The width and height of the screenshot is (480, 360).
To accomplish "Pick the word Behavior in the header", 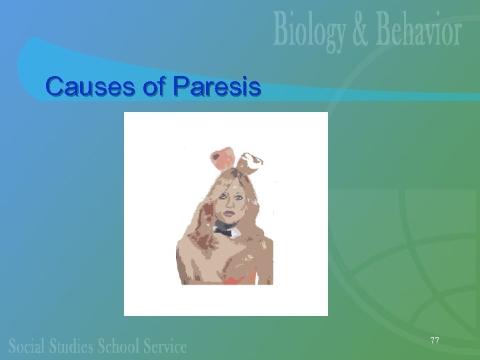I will tap(413, 31).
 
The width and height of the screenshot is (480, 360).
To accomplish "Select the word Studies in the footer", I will tap(73, 345).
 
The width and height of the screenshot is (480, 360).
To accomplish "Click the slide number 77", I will tap(435, 341).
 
